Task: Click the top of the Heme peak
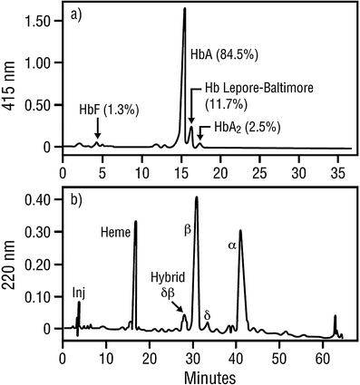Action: (135, 222)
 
